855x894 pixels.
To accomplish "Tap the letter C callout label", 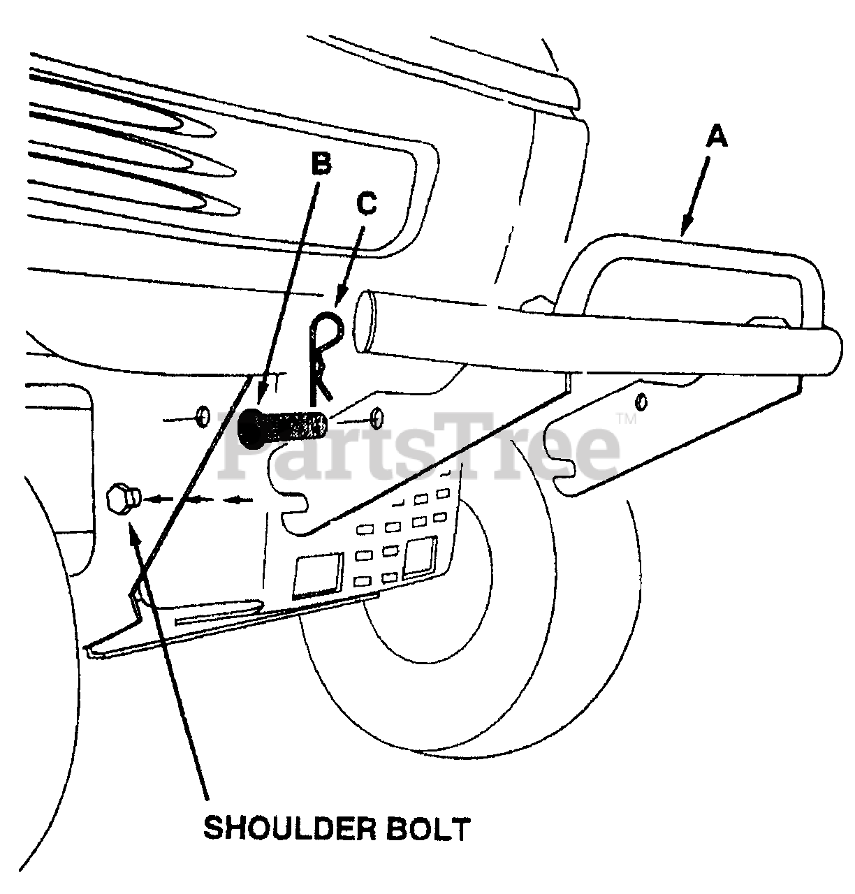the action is [366, 203].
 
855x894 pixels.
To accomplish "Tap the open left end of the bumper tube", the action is [365, 321].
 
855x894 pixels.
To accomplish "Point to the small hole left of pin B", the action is [203, 418].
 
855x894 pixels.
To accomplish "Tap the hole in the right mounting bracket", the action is [642, 402].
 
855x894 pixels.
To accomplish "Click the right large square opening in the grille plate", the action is [420, 557].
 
